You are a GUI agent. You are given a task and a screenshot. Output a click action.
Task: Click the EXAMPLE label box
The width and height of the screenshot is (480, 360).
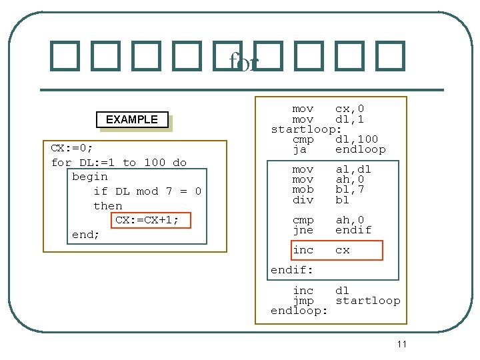tap(132, 119)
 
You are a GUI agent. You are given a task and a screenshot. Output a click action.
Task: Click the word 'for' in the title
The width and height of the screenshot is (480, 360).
tap(243, 62)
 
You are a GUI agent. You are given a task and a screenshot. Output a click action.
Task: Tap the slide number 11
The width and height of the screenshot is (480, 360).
tap(401, 344)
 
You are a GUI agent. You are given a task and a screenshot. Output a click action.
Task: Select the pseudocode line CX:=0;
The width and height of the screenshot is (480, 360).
tap(72, 148)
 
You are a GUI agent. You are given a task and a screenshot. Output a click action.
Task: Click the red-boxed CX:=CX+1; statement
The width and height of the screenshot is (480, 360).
tap(147, 220)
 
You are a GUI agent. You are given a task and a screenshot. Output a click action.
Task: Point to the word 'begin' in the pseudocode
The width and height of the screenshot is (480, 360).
tap(89, 177)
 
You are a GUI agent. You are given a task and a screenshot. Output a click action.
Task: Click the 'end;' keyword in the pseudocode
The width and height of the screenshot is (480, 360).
tap(85, 235)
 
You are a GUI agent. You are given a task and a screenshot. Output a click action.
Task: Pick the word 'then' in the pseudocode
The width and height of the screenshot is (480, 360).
tap(107, 206)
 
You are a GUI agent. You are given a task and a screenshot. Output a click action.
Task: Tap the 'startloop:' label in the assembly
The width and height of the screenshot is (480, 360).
tap(306, 129)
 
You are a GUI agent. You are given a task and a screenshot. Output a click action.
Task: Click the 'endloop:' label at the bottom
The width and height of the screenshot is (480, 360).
tap(299, 311)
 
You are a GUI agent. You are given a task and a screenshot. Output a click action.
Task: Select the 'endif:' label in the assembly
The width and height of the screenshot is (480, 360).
tap(292, 270)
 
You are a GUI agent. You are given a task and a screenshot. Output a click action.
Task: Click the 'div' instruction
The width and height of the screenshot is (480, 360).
tap(303, 199)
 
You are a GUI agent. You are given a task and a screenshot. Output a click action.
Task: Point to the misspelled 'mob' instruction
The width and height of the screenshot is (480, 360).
tap(303, 189)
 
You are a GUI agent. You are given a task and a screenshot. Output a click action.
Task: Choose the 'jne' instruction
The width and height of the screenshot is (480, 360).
tap(303, 230)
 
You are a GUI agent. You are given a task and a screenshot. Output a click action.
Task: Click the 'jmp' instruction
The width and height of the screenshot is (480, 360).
tap(303, 301)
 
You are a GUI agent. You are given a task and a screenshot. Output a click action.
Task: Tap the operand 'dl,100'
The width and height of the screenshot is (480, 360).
tap(356, 139)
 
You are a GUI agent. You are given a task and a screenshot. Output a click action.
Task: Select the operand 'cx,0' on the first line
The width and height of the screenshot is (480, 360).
tap(349, 109)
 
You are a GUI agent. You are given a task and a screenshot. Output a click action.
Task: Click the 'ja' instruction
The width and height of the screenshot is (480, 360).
tap(299, 149)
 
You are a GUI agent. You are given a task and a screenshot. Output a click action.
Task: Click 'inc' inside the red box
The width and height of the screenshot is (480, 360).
tap(303, 250)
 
